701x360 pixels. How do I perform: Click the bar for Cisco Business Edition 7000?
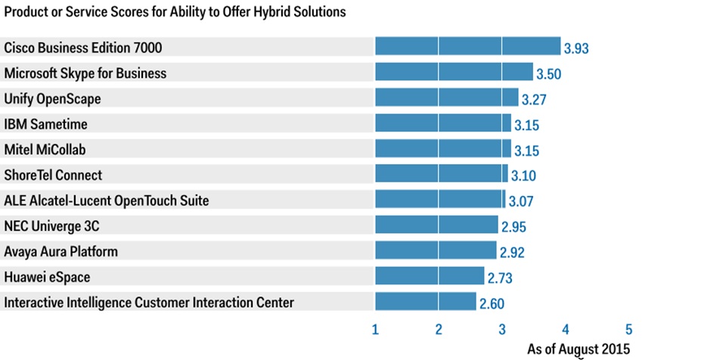(467, 47)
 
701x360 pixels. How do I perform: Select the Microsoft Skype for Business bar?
(454, 73)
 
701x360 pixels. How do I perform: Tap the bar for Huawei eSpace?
(430, 277)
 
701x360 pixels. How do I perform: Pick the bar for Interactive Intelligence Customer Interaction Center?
(426, 302)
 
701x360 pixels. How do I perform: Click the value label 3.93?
(575, 49)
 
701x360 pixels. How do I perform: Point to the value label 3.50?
(548, 74)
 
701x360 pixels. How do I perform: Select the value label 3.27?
(534, 100)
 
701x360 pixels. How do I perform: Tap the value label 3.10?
(523, 176)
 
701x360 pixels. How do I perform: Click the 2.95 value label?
(513, 227)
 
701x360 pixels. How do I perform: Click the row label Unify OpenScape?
(52, 98)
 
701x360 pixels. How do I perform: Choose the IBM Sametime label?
(45, 124)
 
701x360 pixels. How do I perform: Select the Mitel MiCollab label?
(45, 149)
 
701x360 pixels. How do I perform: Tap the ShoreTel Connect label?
(53, 175)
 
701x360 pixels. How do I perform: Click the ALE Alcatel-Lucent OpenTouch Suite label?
(107, 200)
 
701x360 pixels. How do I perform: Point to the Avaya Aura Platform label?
(61, 251)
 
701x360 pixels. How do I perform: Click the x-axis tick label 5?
(628, 330)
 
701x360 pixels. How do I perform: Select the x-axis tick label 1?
(375, 330)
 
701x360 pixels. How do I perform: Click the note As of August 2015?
(578, 349)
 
